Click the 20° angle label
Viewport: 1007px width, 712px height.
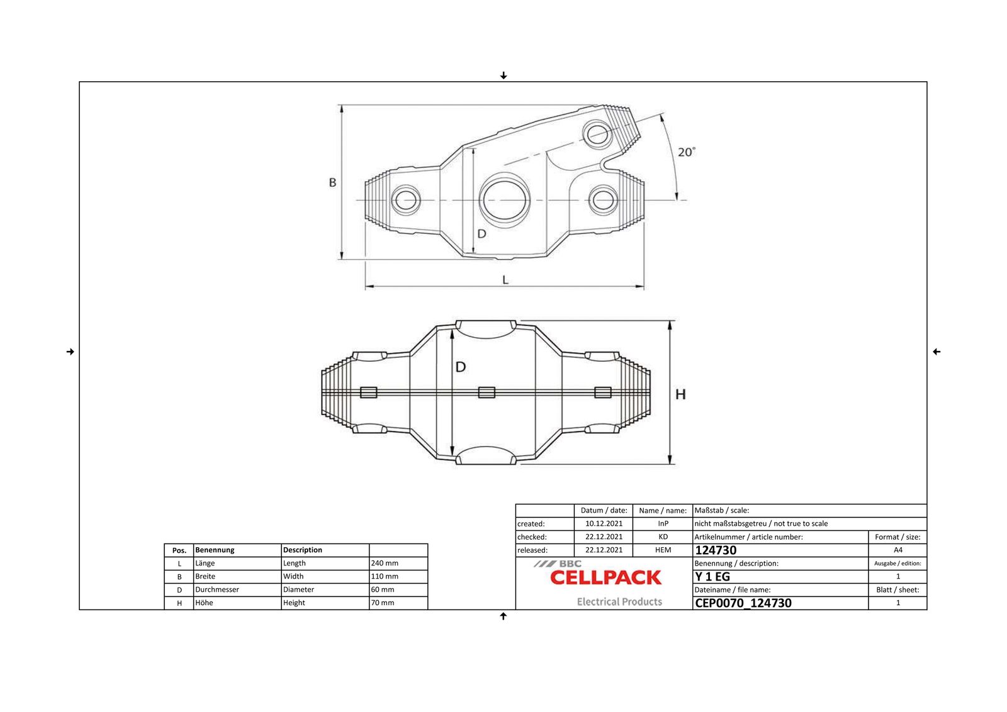coord(687,152)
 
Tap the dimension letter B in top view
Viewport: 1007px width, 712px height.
coord(333,182)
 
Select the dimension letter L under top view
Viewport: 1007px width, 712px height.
coord(505,280)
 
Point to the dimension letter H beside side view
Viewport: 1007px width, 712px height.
coord(680,394)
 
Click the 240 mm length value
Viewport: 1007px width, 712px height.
coord(385,563)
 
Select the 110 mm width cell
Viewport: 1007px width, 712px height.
coord(385,576)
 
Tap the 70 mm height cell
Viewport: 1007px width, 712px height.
coord(383,603)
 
